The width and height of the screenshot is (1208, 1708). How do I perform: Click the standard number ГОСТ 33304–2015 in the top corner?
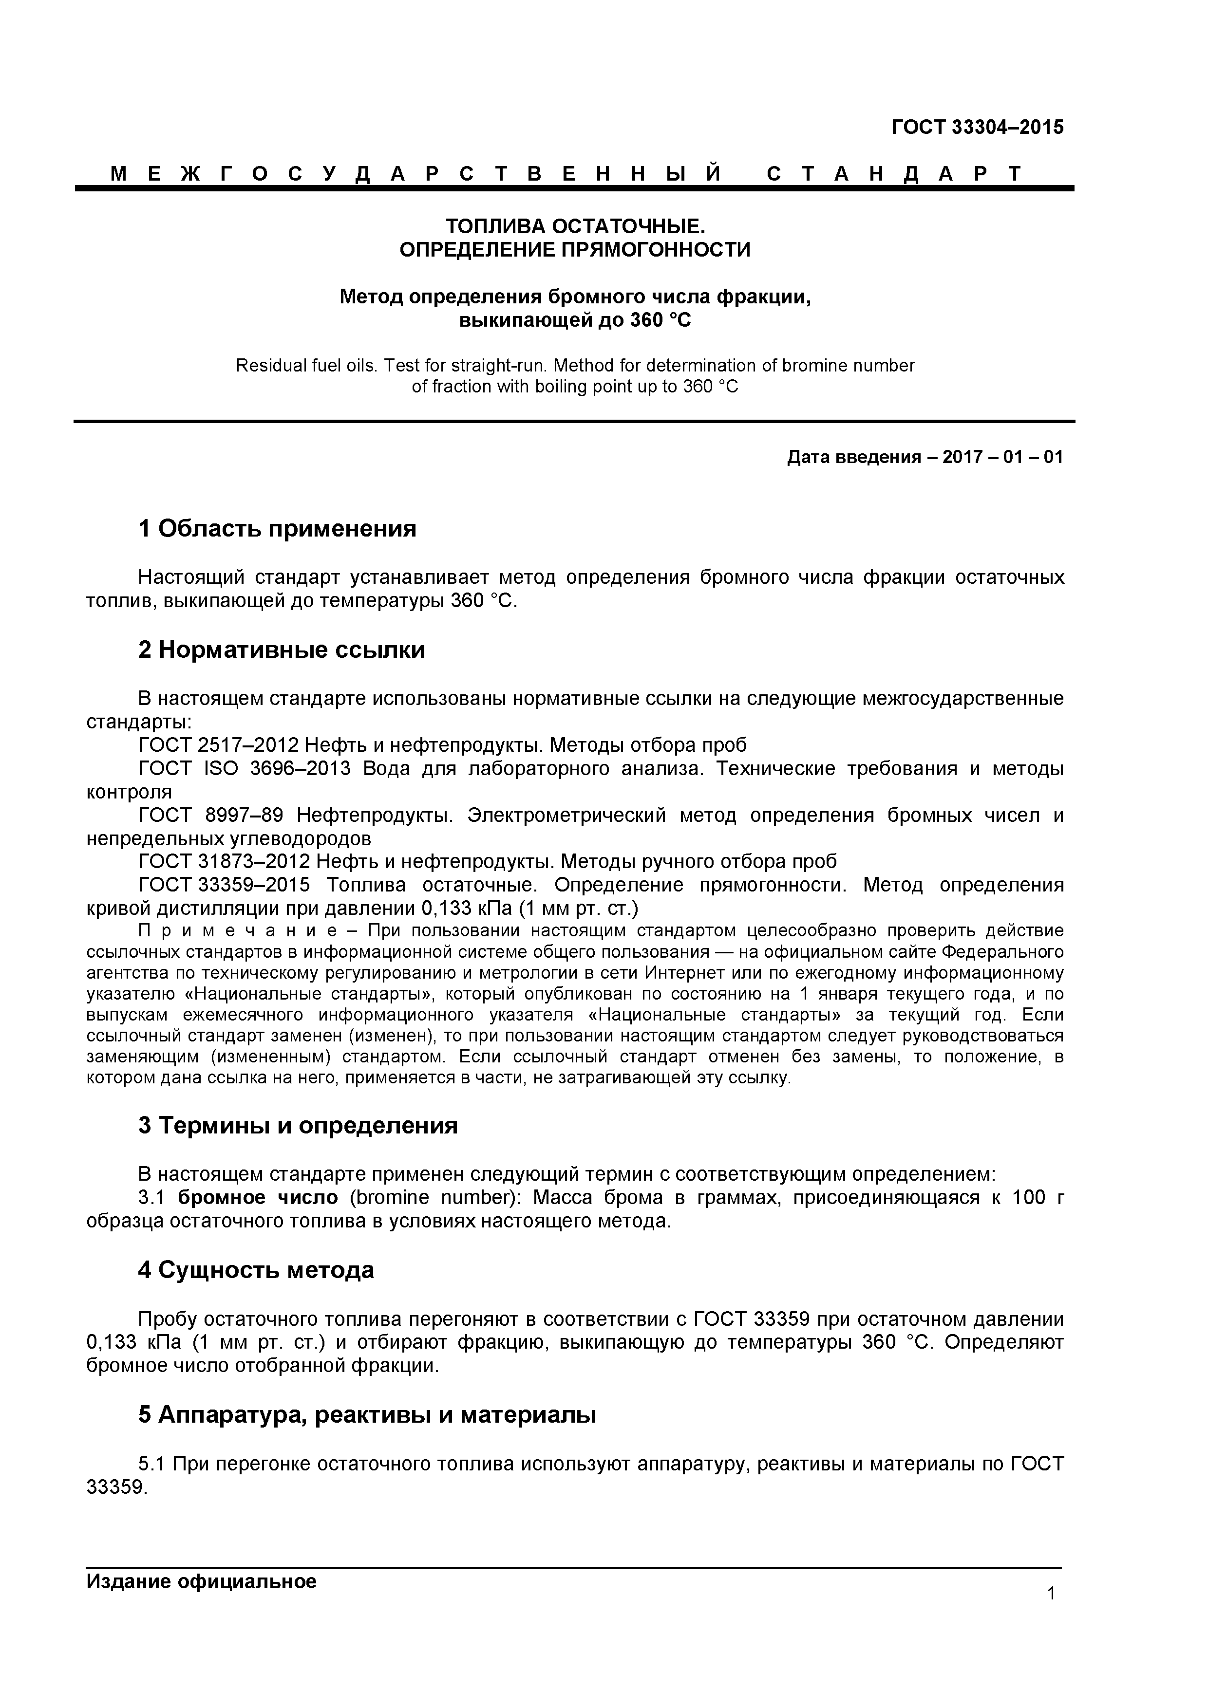point(977,127)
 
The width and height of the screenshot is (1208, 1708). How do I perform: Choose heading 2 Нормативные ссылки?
point(282,650)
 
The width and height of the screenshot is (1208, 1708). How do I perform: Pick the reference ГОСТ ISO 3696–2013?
point(244,768)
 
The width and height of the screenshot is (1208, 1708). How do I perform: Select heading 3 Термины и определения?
point(298,1126)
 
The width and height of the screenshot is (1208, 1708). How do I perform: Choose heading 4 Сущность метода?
point(256,1270)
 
